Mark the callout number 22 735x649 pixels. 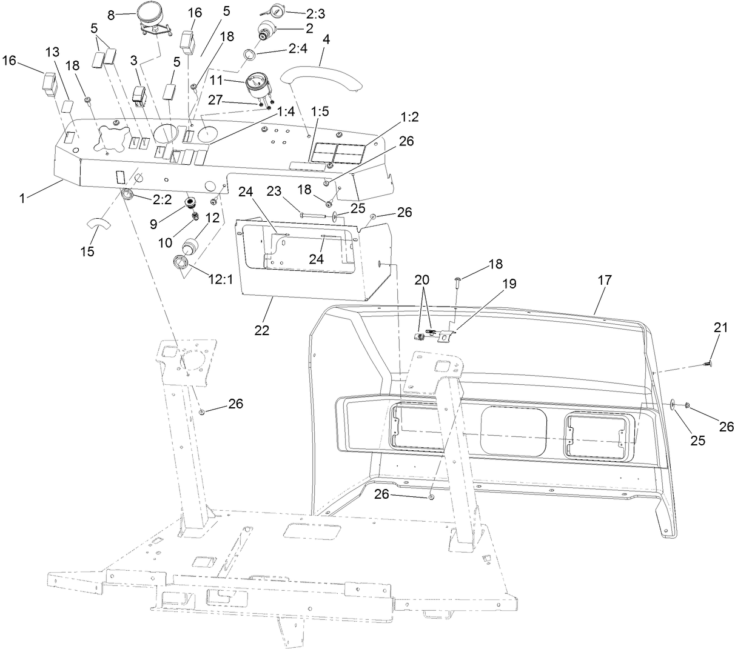pyautogui.click(x=263, y=330)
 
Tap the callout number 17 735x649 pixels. pyautogui.click(x=604, y=280)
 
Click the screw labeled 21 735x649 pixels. pyautogui.click(x=707, y=364)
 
